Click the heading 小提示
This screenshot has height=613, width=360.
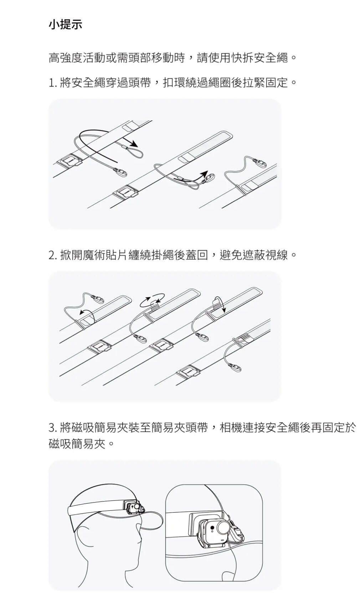tap(65, 25)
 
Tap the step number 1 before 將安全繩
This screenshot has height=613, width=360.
tap(51, 83)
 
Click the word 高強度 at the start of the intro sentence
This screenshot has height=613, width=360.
tap(66, 58)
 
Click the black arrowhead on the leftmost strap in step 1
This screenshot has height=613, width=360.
tap(133, 144)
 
